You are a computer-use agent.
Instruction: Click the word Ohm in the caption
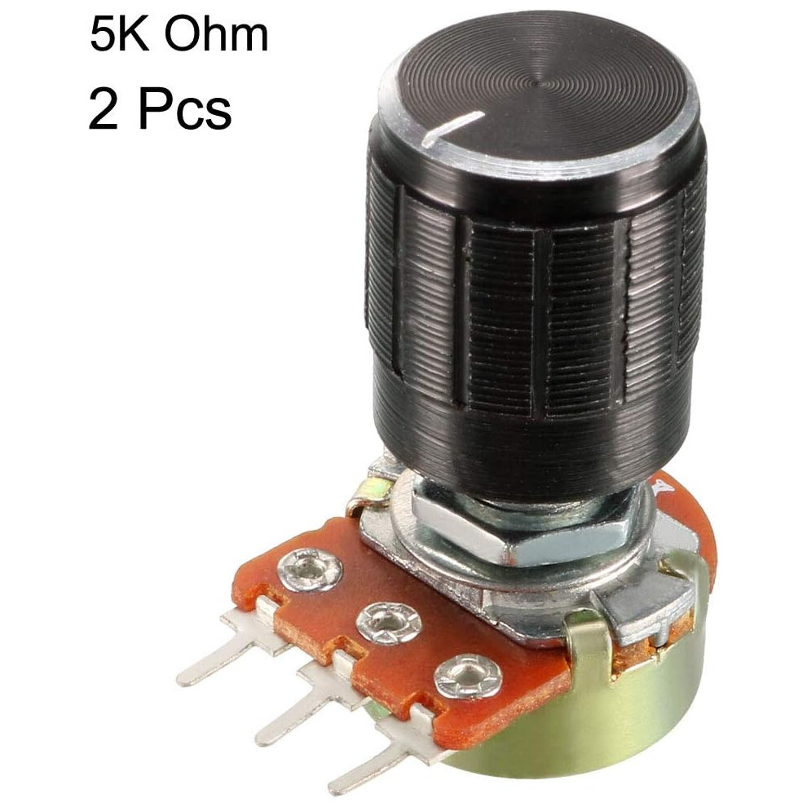tap(216, 34)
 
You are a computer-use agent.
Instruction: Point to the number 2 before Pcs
tap(105, 110)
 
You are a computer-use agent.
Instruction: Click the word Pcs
tap(185, 110)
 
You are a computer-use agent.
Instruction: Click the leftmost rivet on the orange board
tap(309, 569)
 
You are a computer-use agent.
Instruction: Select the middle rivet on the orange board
tap(389, 623)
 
